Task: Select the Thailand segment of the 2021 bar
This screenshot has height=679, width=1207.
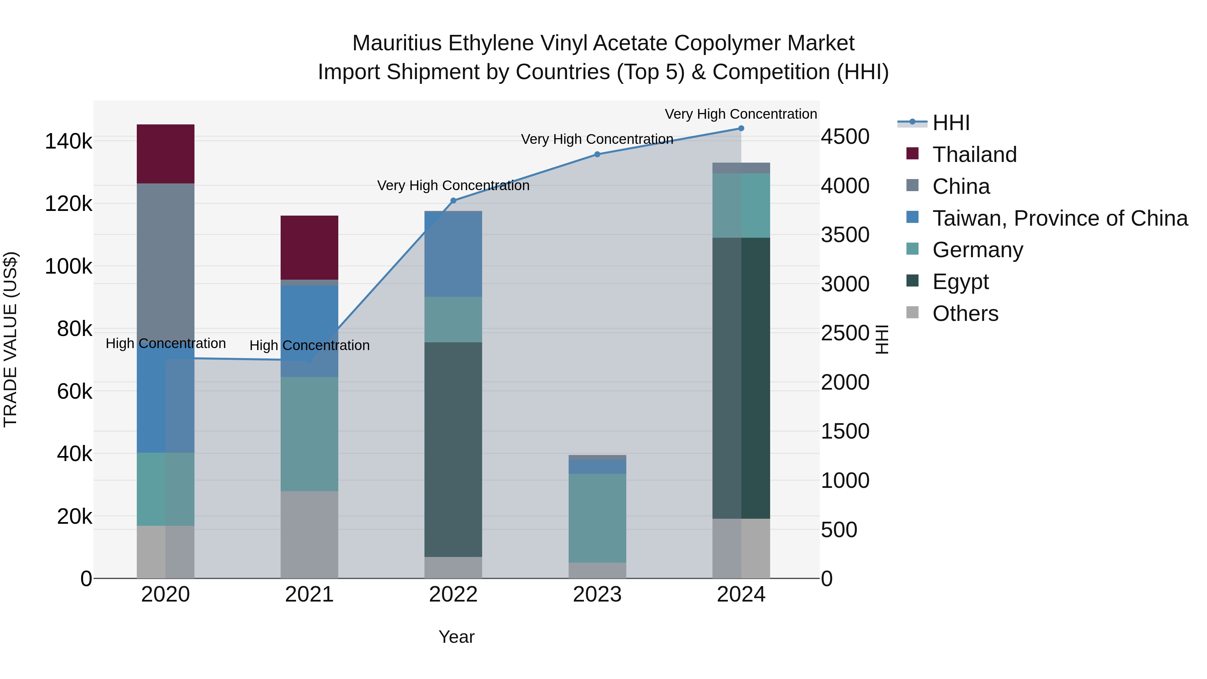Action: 309,247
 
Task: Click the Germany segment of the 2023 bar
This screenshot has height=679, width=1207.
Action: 597,517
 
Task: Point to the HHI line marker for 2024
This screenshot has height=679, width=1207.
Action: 741,128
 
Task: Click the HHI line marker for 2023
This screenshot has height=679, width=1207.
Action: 597,154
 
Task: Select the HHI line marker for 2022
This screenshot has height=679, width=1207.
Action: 453,201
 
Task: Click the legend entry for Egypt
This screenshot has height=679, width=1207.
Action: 960,282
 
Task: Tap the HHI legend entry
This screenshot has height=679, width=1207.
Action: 951,123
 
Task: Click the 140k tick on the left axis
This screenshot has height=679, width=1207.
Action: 68,142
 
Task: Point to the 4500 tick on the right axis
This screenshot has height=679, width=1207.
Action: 845,137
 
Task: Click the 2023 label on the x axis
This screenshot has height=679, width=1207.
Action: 597,595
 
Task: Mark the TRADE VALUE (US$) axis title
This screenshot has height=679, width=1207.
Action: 10,339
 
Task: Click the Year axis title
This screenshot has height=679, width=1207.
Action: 456,637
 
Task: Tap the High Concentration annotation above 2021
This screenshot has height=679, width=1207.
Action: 309,345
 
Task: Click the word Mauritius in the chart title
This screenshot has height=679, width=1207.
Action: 397,43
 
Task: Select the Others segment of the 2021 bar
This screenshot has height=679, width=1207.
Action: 309,534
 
